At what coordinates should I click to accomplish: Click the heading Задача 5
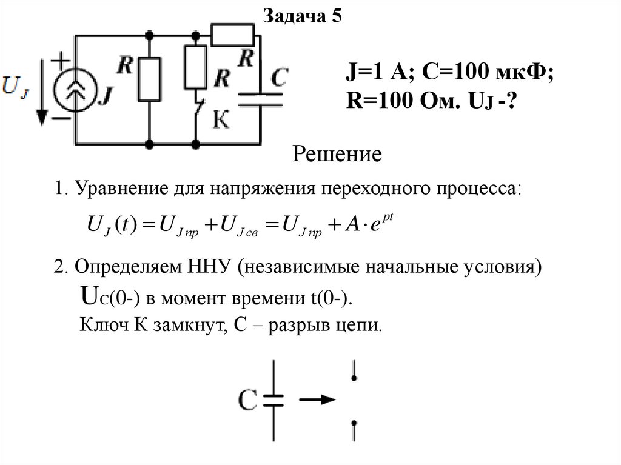(302, 16)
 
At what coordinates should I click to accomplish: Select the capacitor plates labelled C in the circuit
(260, 99)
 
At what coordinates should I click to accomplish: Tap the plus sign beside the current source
(60, 59)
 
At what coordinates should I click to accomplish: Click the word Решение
(337, 155)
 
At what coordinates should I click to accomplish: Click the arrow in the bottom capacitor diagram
(317, 400)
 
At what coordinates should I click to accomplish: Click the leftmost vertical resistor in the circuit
(149, 79)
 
